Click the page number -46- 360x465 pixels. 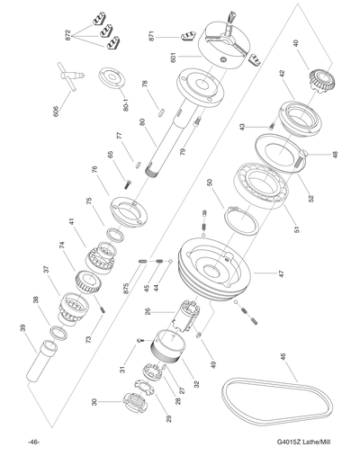(x=33, y=441)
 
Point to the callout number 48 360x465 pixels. (x=335, y=154)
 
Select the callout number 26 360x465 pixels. (x=148, y=311)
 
